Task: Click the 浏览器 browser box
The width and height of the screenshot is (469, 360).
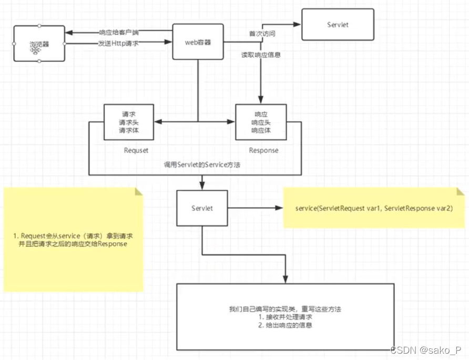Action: pyautogui.click(x=39, y=44)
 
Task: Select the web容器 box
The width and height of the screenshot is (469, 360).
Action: pyautogui.click(x=198, y=42)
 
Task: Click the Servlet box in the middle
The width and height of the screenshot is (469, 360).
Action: pyautogui.click(x=202, y=208)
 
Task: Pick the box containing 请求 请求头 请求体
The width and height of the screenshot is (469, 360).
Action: pyautogui.click(x=129, y=122)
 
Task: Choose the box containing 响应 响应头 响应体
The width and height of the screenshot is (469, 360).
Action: pyautogui.click(x=261, y=122)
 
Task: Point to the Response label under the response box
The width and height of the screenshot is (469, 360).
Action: pyautogui.click(x=263, y=150)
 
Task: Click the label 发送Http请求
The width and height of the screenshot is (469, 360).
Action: pyautogui.click(x=118, y=43)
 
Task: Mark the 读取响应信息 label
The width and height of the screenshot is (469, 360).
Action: pyautogui.click(x=261, y=54)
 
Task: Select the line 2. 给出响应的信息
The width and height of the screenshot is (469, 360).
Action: pyautogui.click(x=286, y=326)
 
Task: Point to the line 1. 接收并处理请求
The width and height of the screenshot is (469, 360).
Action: pyautogui.click(x=286, y=317)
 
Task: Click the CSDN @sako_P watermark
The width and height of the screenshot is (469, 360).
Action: pyautogui.click(x=426, y=349)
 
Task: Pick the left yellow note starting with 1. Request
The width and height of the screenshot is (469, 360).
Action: pyautogui.click(x=73, y=240)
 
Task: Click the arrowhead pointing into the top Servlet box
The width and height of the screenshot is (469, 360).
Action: pyautogui.click(x=297, y=25)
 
